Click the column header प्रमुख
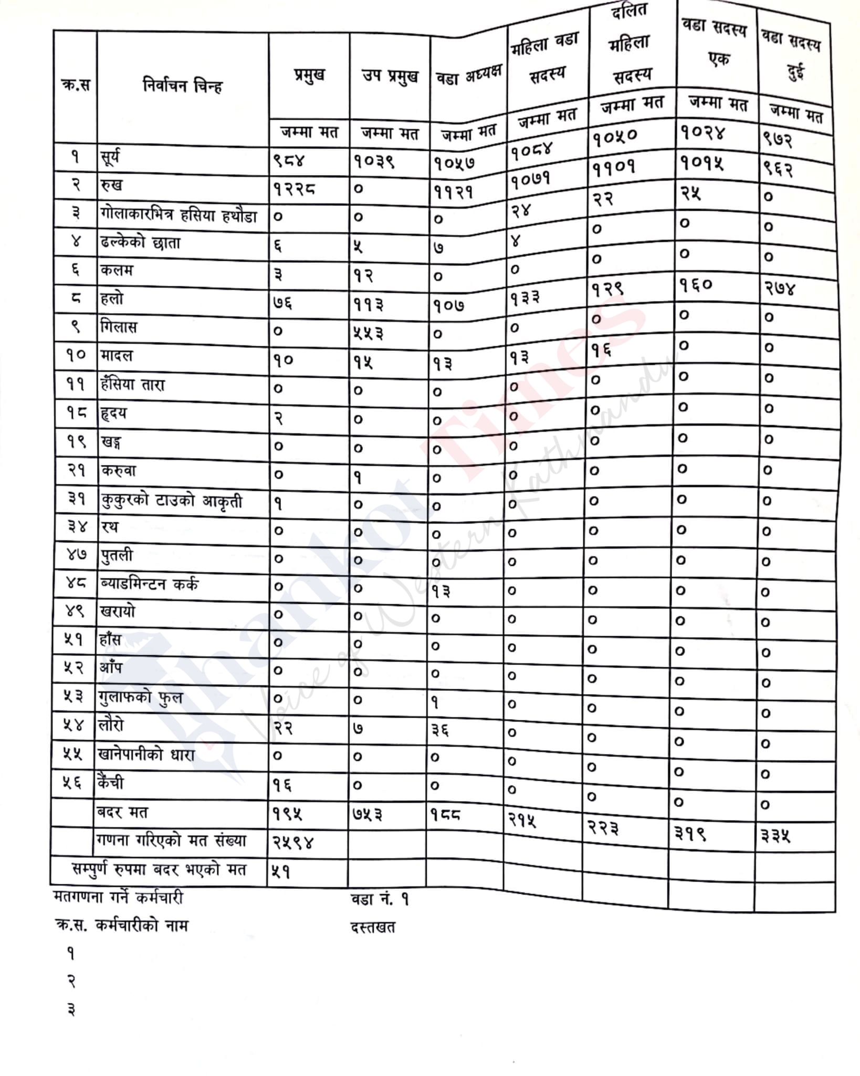tap(309, 76)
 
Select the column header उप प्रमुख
tap(390, 77)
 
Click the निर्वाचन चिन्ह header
tap(182, 85)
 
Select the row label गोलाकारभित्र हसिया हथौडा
tap(179, 214)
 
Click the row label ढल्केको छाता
tap(140, 243)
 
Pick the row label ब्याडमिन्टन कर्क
tap(149, 583)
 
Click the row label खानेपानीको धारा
tap(146, 755)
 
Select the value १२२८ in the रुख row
tap(294, 190)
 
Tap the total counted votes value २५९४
tap(293, 842)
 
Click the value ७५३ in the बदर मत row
tap(367, 814)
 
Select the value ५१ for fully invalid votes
tap(281, 872)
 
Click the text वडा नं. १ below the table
tap(379, 899)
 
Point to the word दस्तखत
tap(373, 927)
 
